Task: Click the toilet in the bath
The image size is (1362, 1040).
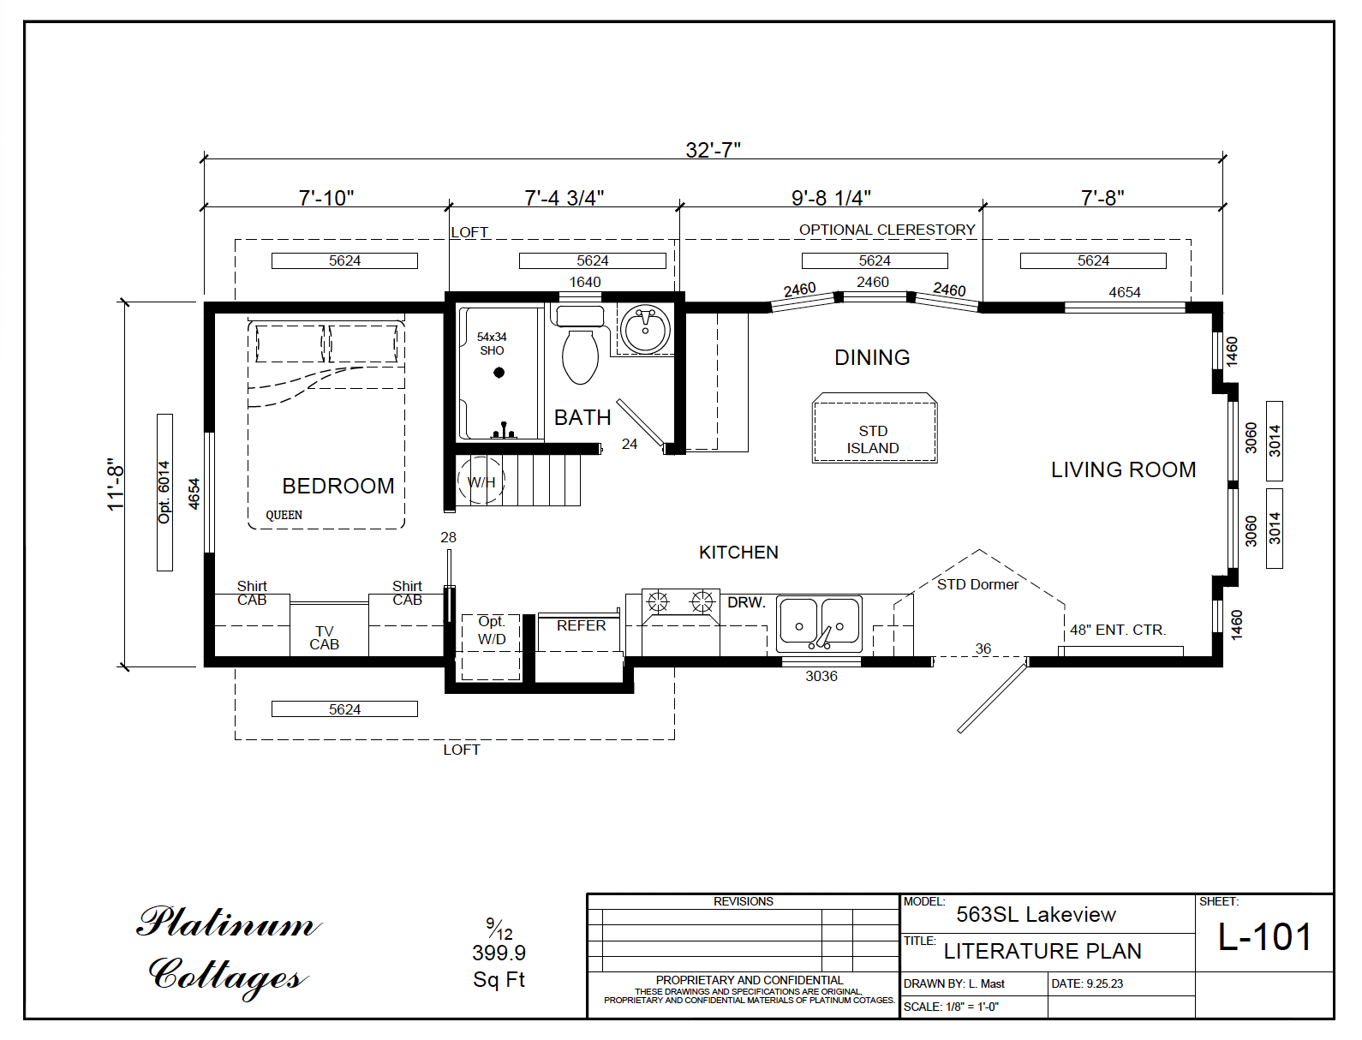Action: [x=580, y=354]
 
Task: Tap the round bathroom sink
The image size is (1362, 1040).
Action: [x=645, y=330]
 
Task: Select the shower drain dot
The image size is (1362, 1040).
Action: [x=499, y=373]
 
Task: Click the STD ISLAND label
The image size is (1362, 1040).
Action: [x=873, y=439]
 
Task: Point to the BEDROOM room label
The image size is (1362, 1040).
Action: [x=338, y=486]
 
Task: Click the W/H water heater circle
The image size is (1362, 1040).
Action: [x=481, y=482]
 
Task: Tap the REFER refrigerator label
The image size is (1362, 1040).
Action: [x=581, y=625]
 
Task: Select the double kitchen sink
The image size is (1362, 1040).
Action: [x=819, y=625]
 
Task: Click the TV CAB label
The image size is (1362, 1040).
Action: [x=324, y=638]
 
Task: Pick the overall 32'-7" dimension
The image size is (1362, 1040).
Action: [x=713, y=150]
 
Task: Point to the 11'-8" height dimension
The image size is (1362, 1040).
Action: [x=116, y=484]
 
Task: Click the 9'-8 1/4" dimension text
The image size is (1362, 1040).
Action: [x=831, y=198]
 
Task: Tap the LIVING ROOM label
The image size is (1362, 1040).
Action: [x=1123, y=469]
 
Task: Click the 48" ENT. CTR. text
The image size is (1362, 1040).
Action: [x=1118, y=630]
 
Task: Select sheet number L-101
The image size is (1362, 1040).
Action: [x=1264, y=937]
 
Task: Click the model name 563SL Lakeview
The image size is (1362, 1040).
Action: [x=1036, y=915]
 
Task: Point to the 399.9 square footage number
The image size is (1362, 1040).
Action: [x=499, y=953]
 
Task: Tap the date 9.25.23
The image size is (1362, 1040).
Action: [x=1104, y=983]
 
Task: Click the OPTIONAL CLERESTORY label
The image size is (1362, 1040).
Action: [x=887, y=230]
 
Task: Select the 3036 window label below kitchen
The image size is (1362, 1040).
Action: [x=821, y=676]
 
